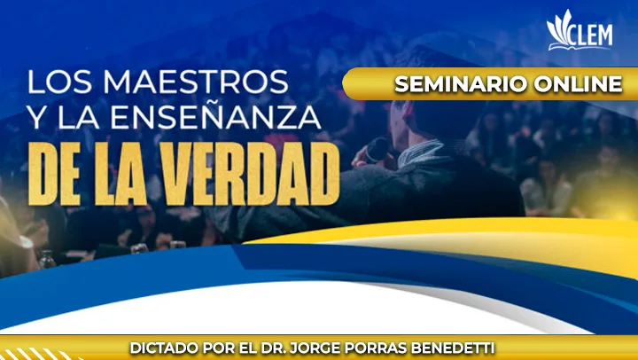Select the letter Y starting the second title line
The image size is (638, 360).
[38, 115]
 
